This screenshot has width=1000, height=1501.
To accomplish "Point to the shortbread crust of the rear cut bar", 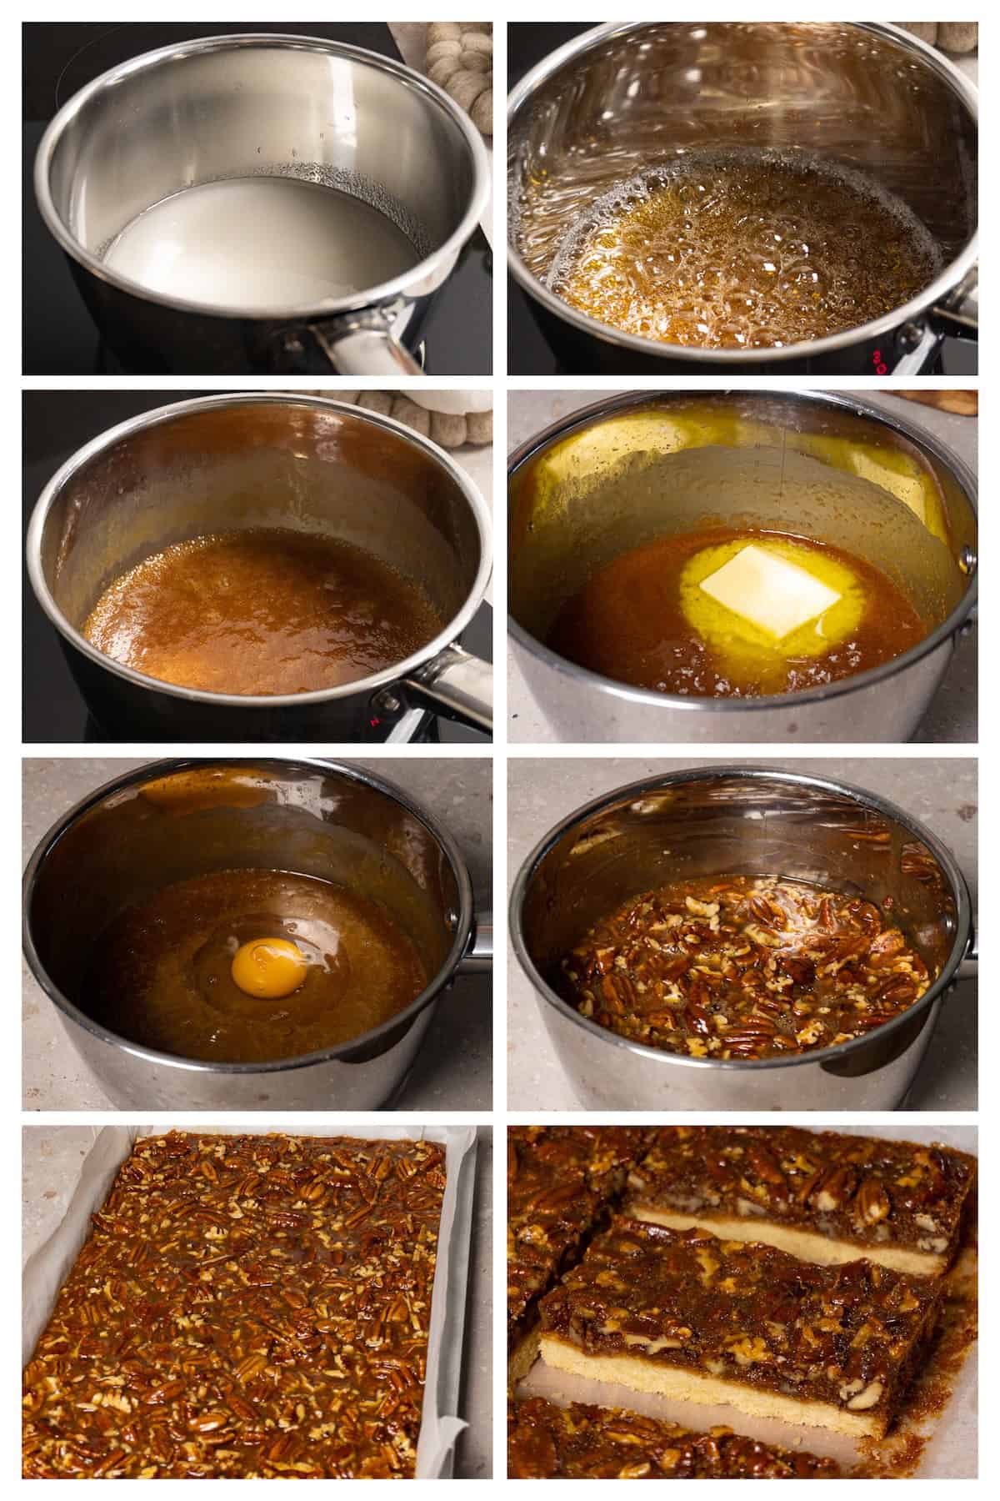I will point(750,1219).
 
